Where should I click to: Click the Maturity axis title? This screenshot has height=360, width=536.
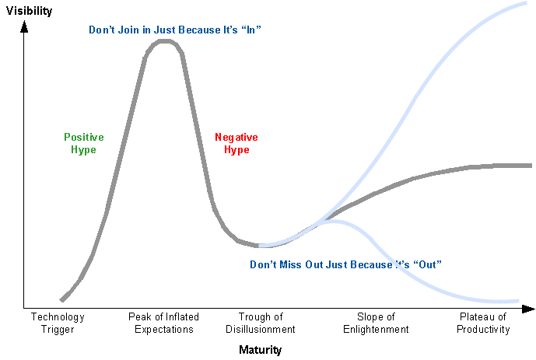(261, 350)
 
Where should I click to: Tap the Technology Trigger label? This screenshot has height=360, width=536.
(58, 323)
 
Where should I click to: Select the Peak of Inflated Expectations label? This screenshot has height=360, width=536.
(163, 323)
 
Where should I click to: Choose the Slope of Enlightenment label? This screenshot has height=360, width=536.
(377, 323)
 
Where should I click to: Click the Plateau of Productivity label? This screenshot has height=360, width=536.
(483, 323)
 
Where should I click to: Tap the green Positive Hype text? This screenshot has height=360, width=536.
(84, 143)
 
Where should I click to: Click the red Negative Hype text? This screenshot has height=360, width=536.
(236, 143)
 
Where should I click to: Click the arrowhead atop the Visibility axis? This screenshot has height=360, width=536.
(24, 27)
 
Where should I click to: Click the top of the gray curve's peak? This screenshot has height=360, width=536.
(164, 40)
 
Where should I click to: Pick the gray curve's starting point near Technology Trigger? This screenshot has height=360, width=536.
(61, 299)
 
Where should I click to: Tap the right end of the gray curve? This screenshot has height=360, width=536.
(530, 165)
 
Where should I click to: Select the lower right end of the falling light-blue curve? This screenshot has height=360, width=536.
(517, 300)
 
